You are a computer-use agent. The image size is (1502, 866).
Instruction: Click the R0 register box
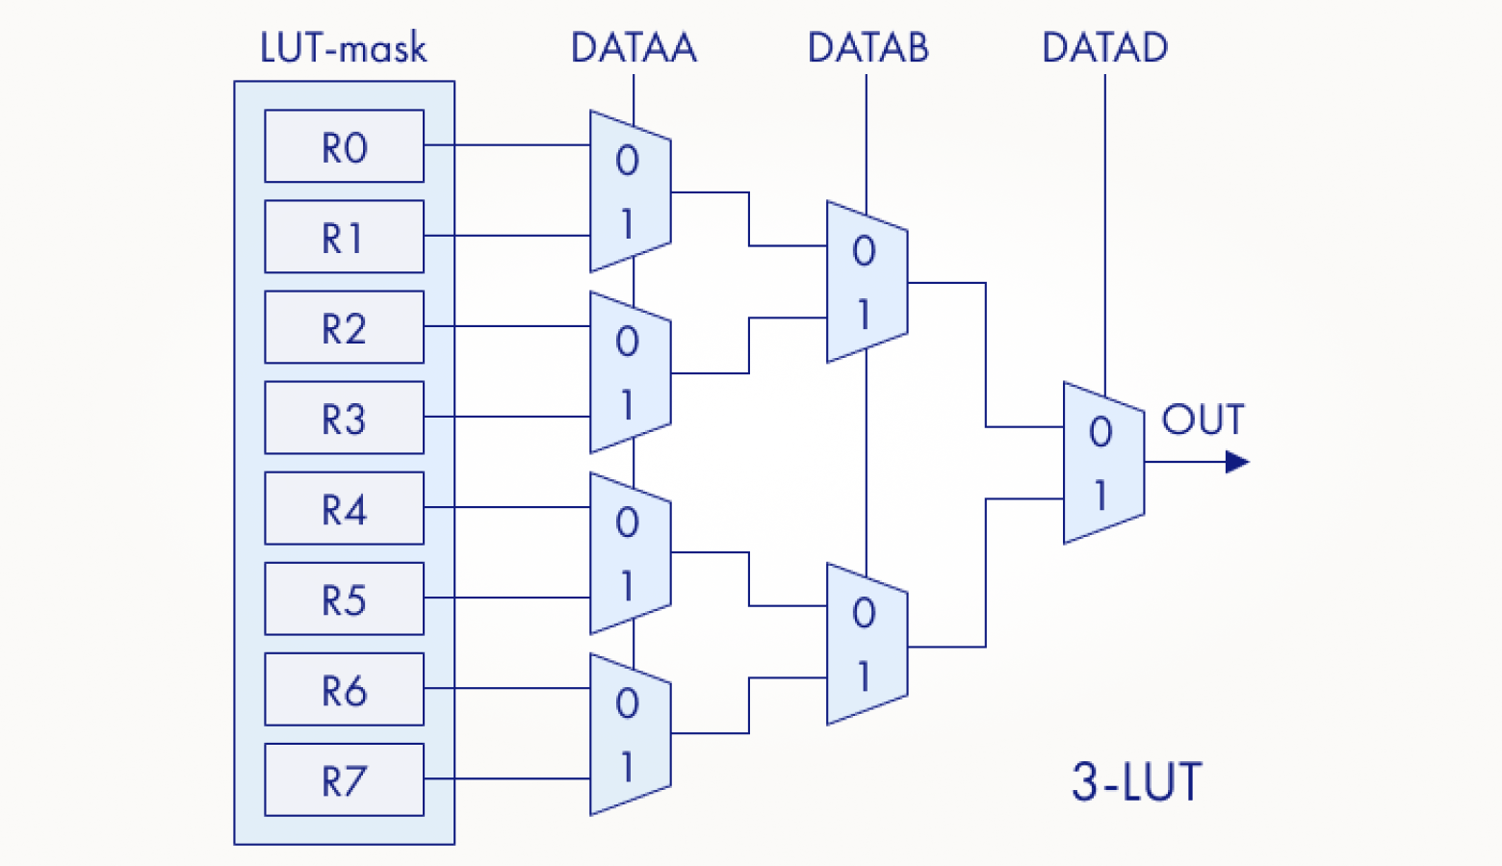point(344,146)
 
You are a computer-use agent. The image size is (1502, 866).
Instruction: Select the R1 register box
point(344,237)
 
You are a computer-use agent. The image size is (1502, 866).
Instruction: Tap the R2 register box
point(344,327)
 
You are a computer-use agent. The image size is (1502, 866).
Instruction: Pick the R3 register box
point(344,418)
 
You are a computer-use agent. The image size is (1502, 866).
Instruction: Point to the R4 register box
point(344,508)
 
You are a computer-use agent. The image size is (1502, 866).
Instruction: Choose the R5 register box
point(344,599)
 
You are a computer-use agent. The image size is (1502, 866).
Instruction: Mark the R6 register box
point(344,689)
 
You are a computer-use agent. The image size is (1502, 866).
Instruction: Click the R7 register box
point(344,779)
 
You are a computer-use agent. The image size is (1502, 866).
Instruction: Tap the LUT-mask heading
point(343,48)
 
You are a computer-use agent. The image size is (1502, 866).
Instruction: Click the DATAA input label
point(634,48)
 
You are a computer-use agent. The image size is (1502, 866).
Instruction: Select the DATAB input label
point(868,48)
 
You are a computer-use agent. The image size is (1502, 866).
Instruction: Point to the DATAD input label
point(1104,48)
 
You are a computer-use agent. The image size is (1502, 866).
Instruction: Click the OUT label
point(1203,420)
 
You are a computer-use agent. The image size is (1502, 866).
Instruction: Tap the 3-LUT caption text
point(1137,781)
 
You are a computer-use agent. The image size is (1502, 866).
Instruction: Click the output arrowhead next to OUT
point(1237,463)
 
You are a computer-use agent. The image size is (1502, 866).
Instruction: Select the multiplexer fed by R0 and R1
point(630,191)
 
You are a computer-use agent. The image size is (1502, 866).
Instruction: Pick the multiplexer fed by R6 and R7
point(630,735)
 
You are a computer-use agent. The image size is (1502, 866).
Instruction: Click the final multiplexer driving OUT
point(1103,463)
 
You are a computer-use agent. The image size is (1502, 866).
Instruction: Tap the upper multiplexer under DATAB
point(867,282)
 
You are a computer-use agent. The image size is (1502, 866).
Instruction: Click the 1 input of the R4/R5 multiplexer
point(627,586)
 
